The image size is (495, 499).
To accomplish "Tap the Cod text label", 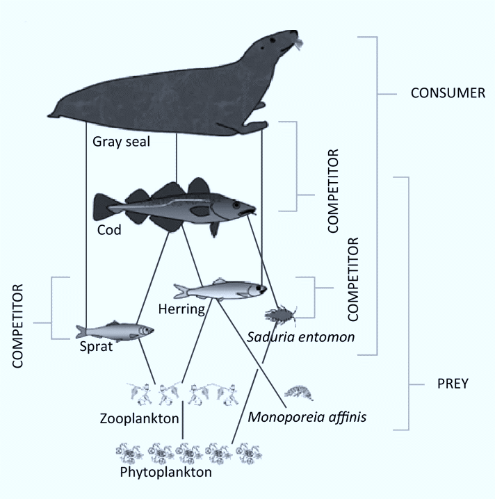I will [109, 230].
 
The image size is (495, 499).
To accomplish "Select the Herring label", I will [181, 309].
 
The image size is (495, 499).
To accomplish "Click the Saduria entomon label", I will [300, 337].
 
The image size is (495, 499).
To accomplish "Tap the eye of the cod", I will [236, 206].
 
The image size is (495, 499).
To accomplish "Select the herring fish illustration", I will [220, 288].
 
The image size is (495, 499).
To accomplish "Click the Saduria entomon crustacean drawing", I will [283, 316].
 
